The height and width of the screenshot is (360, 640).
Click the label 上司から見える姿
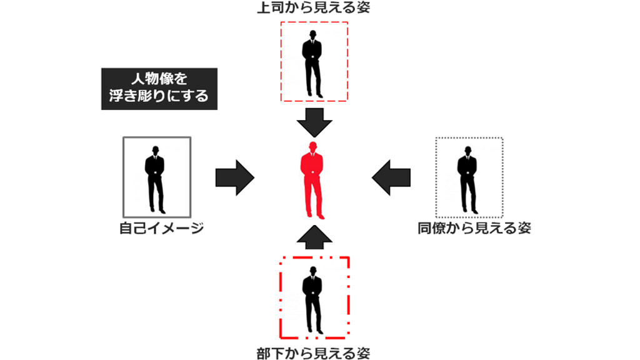[314, 7]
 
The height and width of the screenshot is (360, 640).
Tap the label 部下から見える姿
[314, 353]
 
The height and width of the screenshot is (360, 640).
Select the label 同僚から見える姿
[474, 227]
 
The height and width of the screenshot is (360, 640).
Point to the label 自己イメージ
[162, 227]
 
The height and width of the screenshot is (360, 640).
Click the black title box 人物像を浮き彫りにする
[159, 89]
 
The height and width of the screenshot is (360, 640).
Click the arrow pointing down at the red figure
[314, 122]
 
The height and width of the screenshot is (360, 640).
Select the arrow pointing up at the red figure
[314, 237]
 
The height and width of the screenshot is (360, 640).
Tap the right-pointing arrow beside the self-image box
[235, 177]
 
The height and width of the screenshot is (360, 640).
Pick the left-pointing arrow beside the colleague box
[391, 177]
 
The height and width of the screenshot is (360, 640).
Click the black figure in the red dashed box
[312, 64]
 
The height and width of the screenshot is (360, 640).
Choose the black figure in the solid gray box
[155, 179]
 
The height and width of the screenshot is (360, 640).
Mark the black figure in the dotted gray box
[467, 179]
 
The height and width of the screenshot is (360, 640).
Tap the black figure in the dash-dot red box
[312, 301]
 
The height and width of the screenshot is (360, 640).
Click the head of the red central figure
[313, 146]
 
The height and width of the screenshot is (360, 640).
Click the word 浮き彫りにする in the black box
[159, 96]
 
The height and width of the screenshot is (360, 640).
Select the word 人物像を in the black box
[159, 79]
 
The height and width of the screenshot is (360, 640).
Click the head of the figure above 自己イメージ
[156, 150]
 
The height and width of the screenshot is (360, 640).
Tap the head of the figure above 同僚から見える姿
[467, 151]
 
